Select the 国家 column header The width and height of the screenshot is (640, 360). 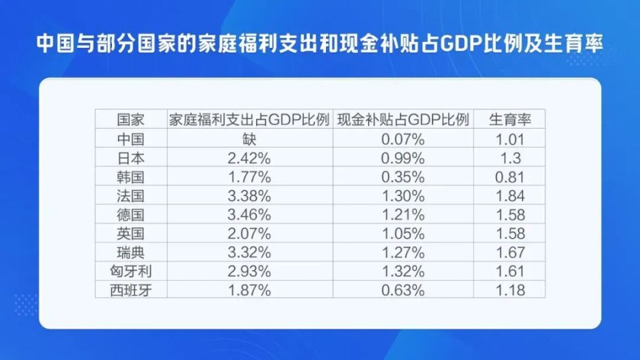[x=131, y=120]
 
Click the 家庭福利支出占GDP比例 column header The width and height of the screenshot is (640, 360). [x=249, y=120]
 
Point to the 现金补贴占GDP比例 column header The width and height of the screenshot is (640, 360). [x=403, y=120]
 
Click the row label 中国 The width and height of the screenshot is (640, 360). [x=131, y=139]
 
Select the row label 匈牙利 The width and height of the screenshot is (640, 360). [x=131, y=271]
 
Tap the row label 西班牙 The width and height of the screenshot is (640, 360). [x=131, y=290]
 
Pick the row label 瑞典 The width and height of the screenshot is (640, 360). [x=131, y=253]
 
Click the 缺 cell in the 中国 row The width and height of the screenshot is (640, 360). [x=249, y=139]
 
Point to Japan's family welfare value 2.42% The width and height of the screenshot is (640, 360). [x=249, y=159]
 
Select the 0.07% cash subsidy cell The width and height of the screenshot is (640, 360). [x=403, y=139]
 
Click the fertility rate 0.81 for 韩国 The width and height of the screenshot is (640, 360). [x=510, y=177]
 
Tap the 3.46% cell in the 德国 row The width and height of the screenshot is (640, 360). [x=249, y=215]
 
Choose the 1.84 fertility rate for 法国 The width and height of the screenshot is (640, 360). [x=510, y=196]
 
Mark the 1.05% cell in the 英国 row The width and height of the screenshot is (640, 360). [x=403, y=234]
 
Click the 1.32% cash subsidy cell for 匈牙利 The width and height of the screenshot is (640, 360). [x=403, y=271]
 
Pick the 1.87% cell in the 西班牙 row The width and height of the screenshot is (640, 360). [x=249, y=290]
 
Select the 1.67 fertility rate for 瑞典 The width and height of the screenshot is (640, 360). [x=510, y=253]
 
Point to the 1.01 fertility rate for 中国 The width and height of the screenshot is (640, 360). [x=510, y=139]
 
